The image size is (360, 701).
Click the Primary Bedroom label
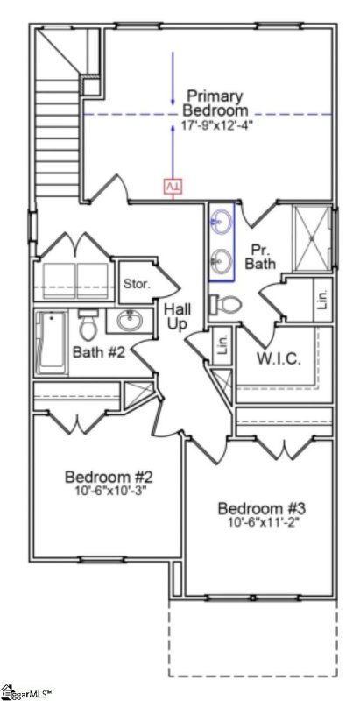pyautogui.click(x=215, y=103)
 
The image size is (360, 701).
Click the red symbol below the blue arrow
pyautogui.click(x=173, y=187)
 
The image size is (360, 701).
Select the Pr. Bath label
pyautogui.click(x=260, y=255)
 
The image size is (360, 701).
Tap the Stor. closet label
pyautogui.click(x=137, y=284)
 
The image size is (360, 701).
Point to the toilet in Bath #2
pyautogui.click(x=88, y=328)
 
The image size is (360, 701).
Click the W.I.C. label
pyautogui.click(x=278, y=359)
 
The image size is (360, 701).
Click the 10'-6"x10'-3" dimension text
pyautogui.click(x=109, y=491)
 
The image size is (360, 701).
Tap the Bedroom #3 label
pyautogui.click(x=261, y=509)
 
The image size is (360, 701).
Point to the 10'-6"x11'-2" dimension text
pyautogui.click(x=261, y=524)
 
